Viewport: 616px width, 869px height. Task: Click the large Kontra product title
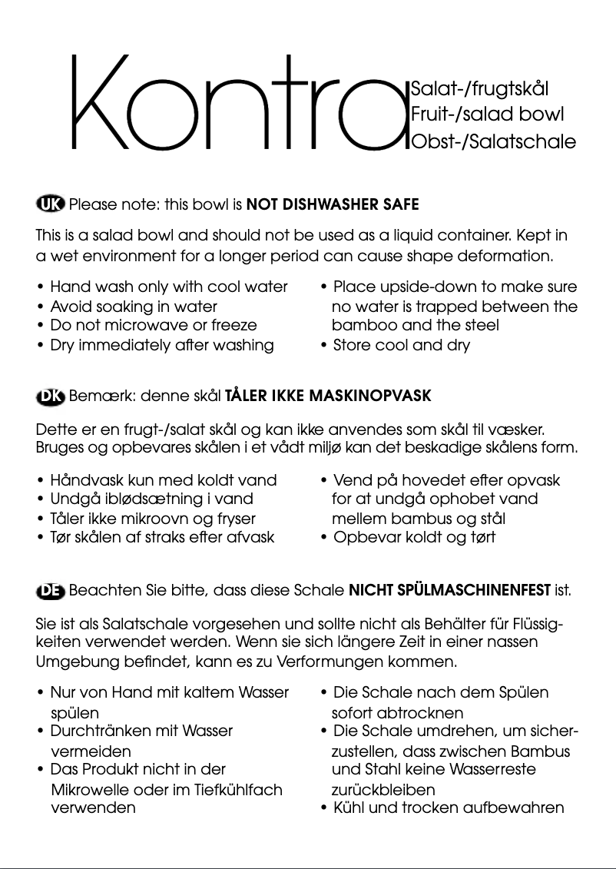pyautogui.click(x=238, y=104)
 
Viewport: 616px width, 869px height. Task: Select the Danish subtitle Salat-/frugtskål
pyautogui.click(x=480, y=88)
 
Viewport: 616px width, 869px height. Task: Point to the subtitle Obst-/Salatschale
pyautogui.click(x=493, y=142)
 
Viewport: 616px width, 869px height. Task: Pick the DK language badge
pyautogui.click(x=51, y=396)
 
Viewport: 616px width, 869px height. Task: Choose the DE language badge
pyautogui.click(x=51, y=591)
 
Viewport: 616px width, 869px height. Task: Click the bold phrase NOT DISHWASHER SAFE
pyautogui.click(x=333, y=205)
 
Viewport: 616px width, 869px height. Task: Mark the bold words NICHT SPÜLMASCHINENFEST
pyautogui.click(x=449, y=591)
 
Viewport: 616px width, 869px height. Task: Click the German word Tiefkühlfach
pyautogui.click(x=237, y=789)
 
